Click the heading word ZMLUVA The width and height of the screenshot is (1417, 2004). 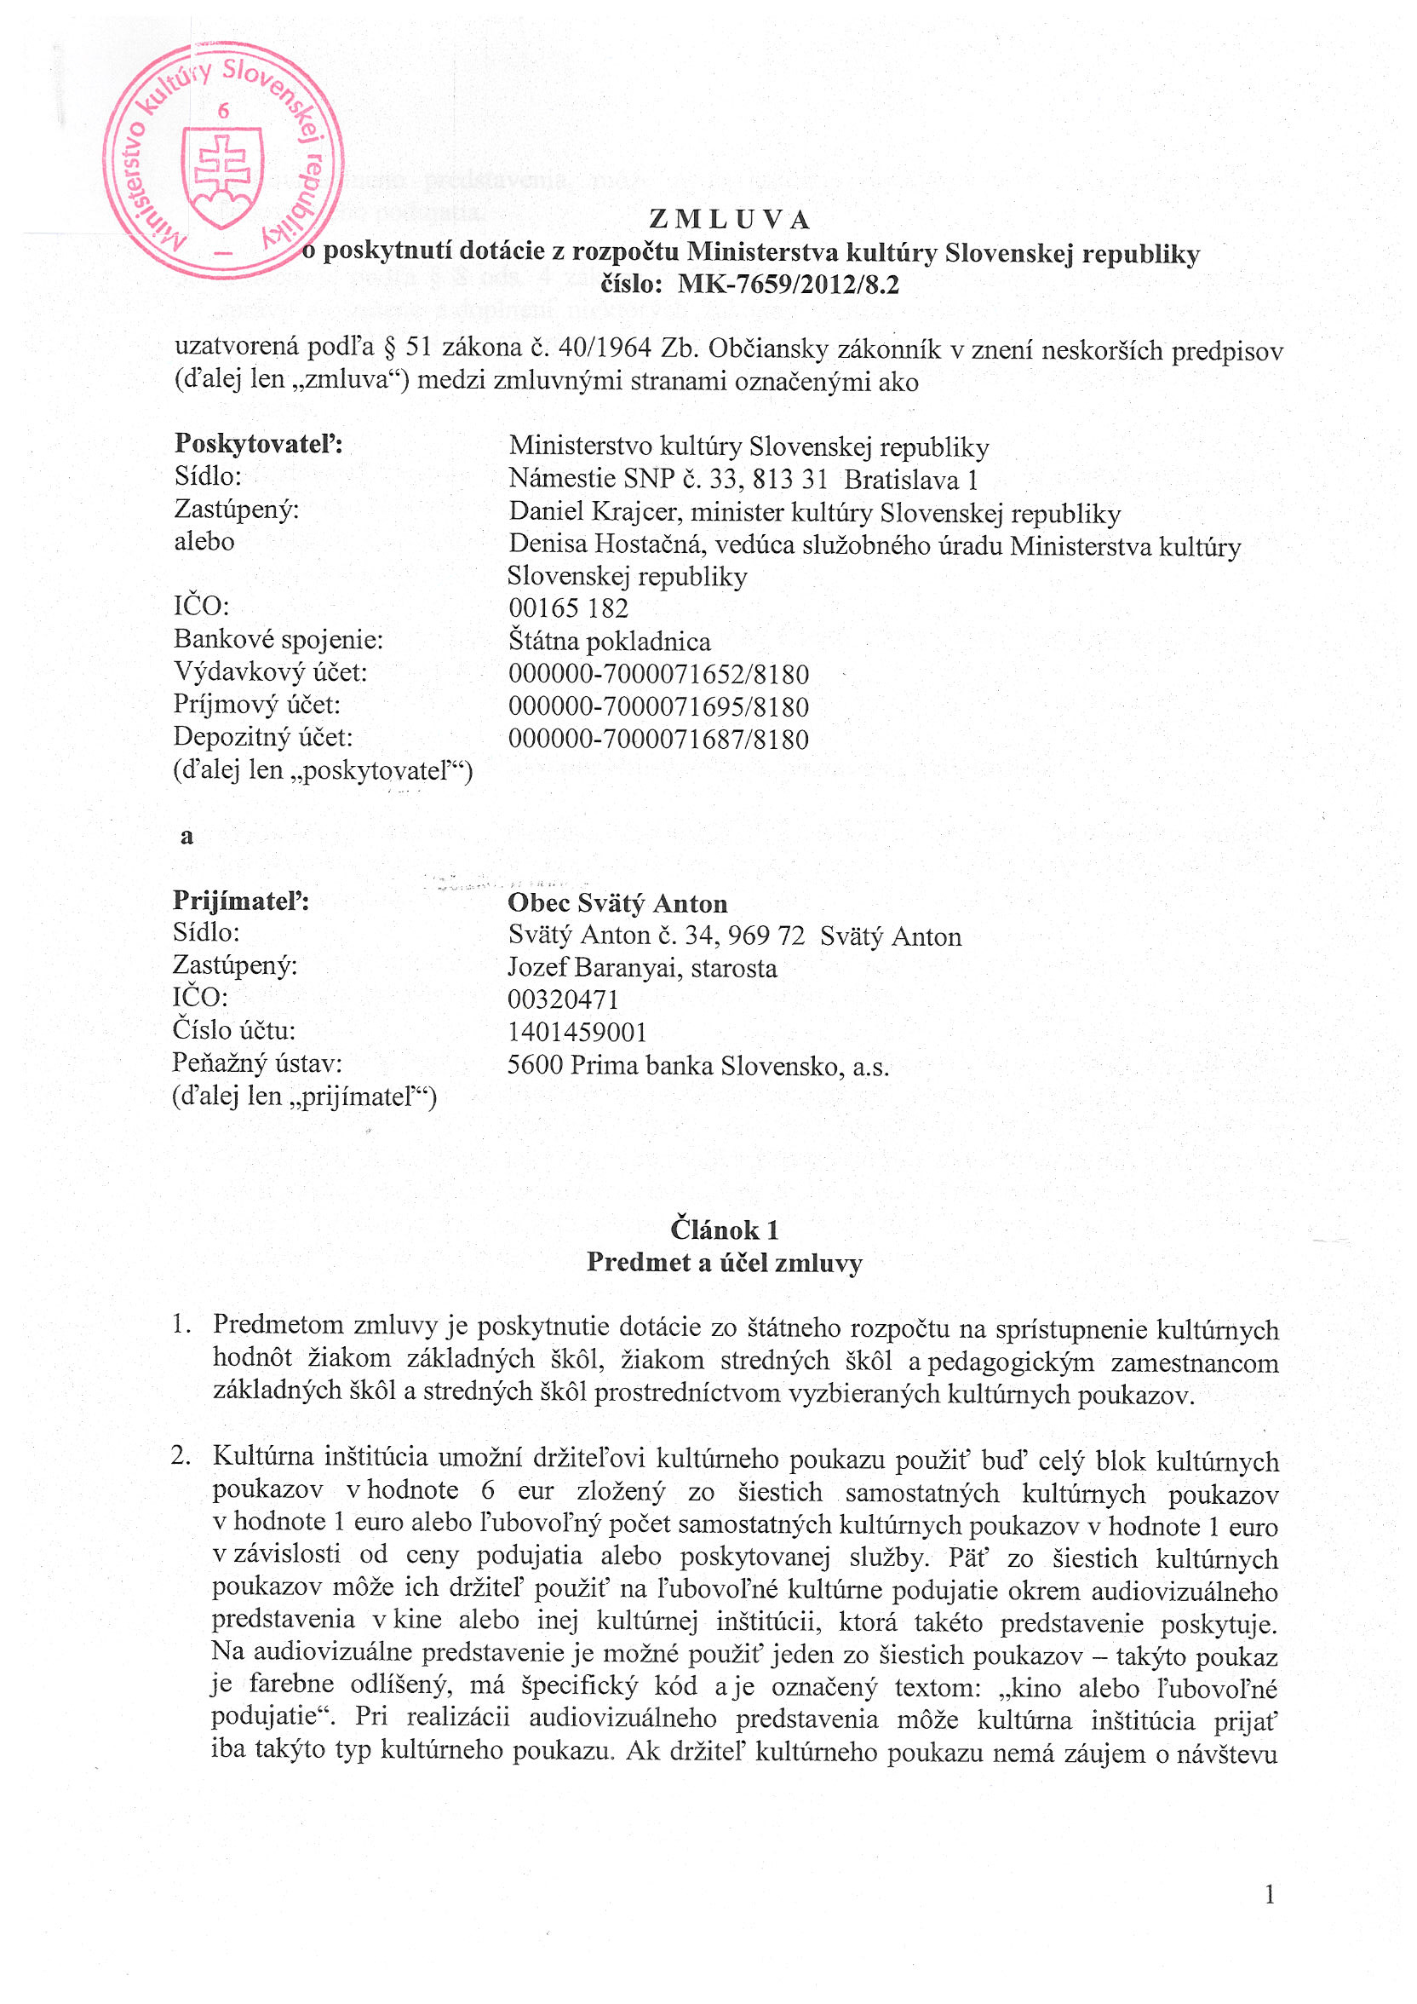(x=730, y=219)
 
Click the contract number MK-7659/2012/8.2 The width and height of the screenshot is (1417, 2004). (x=787, y=285)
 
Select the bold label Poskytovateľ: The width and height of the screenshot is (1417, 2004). (x=258, y=443)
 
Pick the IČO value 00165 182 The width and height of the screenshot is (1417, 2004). (x=568, y=608)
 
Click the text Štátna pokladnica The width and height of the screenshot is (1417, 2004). (x=609, y=642)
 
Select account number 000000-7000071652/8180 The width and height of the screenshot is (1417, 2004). (x=659, y=674)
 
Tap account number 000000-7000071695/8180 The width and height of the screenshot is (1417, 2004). (x=659, y=706)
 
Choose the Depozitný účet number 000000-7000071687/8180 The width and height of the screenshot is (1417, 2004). (x=659, y=740)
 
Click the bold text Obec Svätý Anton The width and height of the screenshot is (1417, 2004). (x=617, y=903)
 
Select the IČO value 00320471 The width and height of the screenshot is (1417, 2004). (x=563, y=1000)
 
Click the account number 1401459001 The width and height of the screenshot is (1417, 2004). (x=577, y=1033)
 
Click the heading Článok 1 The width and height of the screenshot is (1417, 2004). (x=724, y=1229)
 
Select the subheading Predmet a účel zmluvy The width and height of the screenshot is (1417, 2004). (x=724, y=1262)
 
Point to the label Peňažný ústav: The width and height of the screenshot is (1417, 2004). (x=256, y=1063)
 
